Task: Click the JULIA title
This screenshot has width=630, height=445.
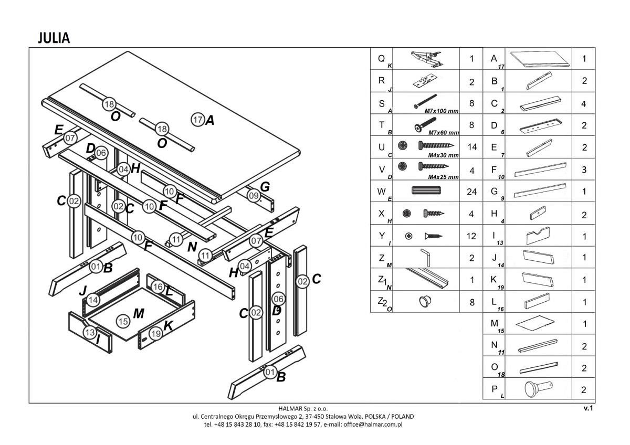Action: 54,38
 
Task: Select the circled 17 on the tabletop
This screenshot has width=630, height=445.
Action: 197,120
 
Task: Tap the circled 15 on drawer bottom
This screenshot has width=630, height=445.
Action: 123,321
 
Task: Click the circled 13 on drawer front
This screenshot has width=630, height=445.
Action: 90,332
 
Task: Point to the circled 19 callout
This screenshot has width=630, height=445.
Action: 155,333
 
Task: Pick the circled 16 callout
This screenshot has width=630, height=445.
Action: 157,287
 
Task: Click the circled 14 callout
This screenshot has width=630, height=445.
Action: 93,300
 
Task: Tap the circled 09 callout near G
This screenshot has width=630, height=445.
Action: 254,196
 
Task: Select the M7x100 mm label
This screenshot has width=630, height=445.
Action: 442,111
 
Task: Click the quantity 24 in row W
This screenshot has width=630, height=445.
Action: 471,192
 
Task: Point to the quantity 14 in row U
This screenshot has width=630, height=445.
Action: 471,147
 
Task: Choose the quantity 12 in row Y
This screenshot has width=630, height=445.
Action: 471,236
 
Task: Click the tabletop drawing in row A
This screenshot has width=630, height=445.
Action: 540,59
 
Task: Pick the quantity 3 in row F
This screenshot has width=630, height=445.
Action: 584,169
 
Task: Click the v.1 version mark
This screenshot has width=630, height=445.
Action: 587,408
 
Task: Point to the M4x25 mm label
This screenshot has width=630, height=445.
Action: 443,177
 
